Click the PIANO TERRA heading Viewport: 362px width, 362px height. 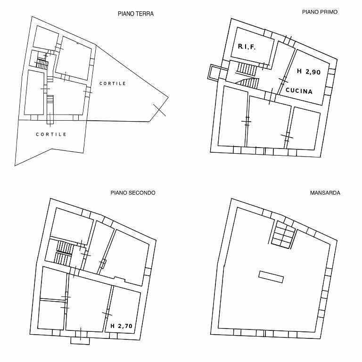136,14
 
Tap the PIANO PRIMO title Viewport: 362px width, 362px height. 320,12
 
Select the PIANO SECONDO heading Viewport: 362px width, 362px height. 133,193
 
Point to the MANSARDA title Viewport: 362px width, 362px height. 325,193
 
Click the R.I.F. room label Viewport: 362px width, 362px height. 247,47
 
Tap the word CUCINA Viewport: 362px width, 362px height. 299,90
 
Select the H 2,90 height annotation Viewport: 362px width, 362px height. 309,72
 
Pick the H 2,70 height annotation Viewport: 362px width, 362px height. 122,326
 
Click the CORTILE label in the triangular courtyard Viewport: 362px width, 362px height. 113,83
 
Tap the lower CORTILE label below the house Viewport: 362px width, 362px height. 51,134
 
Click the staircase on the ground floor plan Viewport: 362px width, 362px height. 42,64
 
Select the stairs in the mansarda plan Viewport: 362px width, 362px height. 283,234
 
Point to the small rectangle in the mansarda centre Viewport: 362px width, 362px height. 271,277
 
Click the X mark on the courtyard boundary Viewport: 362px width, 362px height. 159,110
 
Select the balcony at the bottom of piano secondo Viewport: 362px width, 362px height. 80,340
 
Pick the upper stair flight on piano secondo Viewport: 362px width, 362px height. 65,247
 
